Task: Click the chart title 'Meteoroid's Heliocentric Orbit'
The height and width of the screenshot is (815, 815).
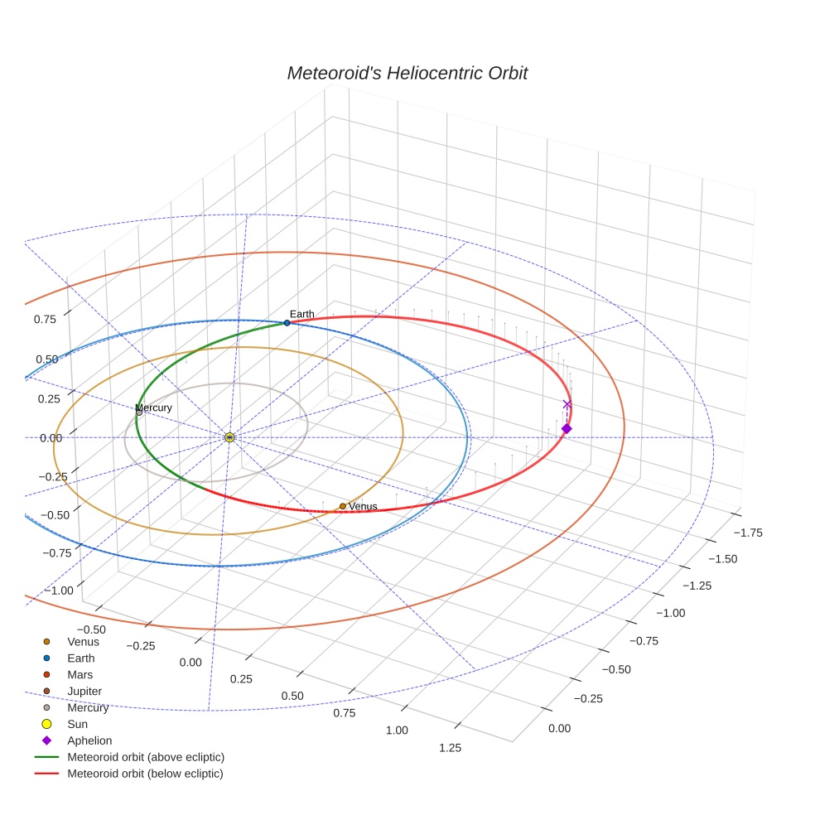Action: coord(407,73)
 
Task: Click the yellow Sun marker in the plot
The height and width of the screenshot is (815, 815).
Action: coord(229,436)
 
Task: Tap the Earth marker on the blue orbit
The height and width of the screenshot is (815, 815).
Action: coord(287,322)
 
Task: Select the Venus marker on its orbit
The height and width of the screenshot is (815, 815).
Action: coord(342,506)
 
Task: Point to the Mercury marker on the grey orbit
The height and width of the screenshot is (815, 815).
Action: coord(139,412)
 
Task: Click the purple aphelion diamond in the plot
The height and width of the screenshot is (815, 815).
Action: coord(567,428)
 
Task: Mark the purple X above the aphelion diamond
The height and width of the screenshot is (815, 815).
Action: coord(567,404)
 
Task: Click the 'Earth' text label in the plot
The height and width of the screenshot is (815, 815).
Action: coord(302,314)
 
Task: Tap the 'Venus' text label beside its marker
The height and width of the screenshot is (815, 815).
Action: coord(363,506)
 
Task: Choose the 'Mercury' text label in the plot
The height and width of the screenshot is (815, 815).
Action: coord(154,407)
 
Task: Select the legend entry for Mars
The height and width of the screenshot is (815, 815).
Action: coord(80,675)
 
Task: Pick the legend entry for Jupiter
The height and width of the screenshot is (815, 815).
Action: coord(84,692)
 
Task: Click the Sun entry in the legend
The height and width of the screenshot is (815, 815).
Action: coord(77,724)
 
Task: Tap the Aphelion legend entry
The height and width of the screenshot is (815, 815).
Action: coord(89,740)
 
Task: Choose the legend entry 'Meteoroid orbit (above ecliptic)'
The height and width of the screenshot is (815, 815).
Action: coord(145,757)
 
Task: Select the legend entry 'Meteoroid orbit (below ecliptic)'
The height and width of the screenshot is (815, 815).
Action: coord(145,774)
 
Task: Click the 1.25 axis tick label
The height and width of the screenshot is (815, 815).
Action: coord(450,747)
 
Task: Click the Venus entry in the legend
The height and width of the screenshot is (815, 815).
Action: coord(83,642)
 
